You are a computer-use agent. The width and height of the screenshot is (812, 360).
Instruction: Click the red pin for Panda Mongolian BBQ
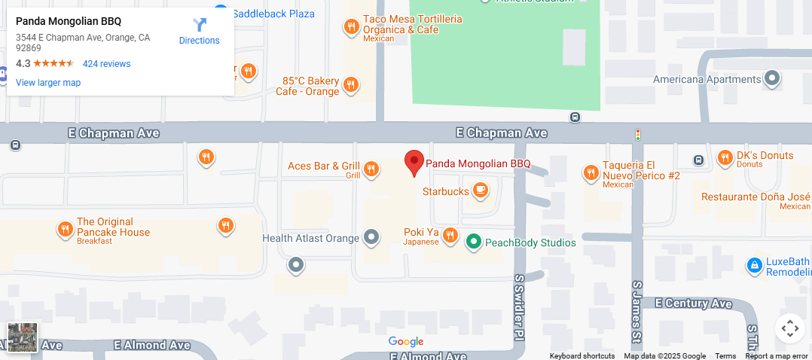414,162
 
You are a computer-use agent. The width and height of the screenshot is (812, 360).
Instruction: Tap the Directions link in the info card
200,32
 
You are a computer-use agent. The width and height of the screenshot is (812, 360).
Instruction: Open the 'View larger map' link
48,83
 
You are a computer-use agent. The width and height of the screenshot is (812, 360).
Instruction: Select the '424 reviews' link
106,64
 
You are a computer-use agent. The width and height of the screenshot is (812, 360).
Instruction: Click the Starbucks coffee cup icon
481,191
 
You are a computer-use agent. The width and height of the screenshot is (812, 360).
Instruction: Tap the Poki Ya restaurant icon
450,236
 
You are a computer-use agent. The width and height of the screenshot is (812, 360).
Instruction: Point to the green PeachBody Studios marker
473,242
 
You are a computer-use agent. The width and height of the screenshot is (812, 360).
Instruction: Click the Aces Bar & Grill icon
371,169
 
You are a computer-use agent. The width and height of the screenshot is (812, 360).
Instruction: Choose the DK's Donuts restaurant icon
725,157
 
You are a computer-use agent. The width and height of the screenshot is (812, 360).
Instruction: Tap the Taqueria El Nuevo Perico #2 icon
591,172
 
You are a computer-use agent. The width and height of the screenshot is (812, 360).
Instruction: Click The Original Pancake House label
113,227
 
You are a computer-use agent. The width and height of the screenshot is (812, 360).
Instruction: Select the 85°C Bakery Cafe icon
350,85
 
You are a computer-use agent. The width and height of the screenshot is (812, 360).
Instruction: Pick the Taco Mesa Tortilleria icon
350,28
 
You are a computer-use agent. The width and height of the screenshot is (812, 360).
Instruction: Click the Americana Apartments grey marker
772,78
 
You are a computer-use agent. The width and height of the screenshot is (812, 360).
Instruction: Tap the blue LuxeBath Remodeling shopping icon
754,265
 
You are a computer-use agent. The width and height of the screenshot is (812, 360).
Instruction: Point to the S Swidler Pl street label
519,305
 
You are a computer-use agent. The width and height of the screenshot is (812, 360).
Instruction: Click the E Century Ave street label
693,303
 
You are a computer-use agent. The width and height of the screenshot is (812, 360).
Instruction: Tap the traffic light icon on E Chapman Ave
638,135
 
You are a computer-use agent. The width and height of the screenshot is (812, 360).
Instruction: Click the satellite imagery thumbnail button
23,337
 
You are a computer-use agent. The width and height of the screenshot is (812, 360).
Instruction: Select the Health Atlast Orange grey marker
371,238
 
